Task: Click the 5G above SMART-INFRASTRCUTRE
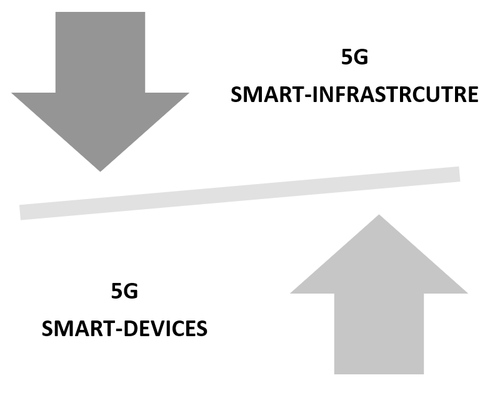click(354, 58)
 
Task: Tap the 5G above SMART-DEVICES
click(124, 292)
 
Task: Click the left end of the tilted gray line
click(22, 212)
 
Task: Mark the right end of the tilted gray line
click(457, 174)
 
